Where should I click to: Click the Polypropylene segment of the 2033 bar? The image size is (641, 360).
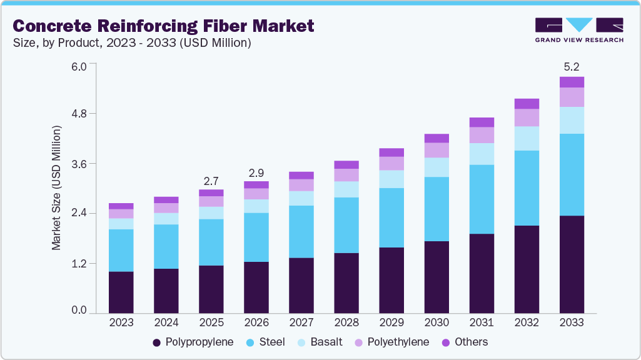572,264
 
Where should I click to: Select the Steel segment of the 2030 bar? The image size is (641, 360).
437,209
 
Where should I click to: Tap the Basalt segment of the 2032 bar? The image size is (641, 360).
527,138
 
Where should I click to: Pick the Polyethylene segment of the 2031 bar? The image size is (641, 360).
482,135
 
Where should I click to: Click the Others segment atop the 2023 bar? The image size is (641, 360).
121,206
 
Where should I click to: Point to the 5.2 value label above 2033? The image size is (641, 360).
572,66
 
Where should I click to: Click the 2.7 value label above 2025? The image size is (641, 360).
211,181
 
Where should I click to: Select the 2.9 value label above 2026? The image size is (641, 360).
256,171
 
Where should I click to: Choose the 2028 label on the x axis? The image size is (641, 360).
346,323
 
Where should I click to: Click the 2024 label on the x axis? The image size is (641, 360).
166,323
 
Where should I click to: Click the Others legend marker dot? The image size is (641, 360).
447,342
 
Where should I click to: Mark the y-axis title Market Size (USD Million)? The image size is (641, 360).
57,188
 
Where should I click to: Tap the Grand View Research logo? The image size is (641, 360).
579,29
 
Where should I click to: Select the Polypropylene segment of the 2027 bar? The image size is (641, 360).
301,285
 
